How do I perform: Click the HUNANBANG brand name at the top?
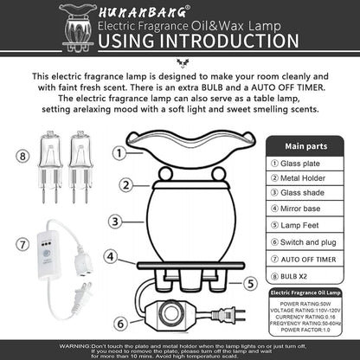(137, 13)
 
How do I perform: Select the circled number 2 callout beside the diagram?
(126, 184)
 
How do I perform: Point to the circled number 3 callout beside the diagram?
(114, 222)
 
